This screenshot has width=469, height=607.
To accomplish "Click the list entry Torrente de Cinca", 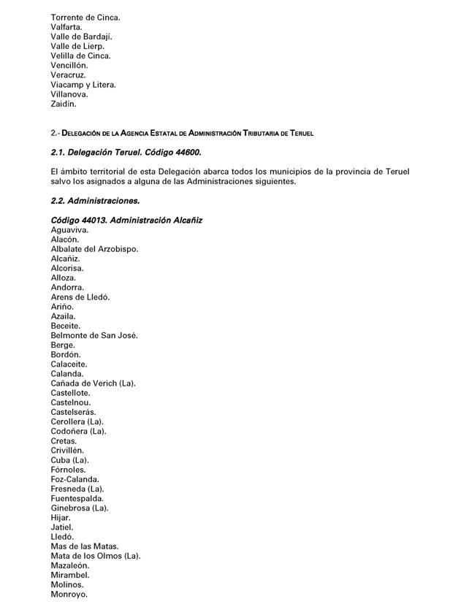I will [85, 17].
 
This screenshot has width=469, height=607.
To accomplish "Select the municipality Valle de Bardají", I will [81, 37].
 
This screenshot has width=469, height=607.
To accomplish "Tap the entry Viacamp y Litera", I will [83, 85].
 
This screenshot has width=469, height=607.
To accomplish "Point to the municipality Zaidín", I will [64, 104].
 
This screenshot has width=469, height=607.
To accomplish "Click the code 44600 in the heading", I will [187, 152].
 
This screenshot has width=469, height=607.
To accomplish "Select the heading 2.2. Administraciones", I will [95, 200].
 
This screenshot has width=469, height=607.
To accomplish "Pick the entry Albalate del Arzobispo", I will [94, 249].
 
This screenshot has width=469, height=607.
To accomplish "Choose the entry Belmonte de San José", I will [94, 335].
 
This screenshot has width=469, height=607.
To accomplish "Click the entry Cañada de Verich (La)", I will [93, 383].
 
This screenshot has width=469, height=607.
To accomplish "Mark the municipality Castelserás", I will [74, 412].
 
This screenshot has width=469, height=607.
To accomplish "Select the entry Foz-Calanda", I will [75, 479].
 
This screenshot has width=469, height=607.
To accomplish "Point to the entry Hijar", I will [61, 517].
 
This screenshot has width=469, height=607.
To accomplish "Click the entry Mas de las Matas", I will [84, 546].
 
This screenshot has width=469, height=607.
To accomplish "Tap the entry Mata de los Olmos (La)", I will [95, 556].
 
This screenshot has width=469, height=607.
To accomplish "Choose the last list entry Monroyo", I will [69, 594].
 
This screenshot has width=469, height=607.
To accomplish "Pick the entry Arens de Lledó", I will [80, 297].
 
